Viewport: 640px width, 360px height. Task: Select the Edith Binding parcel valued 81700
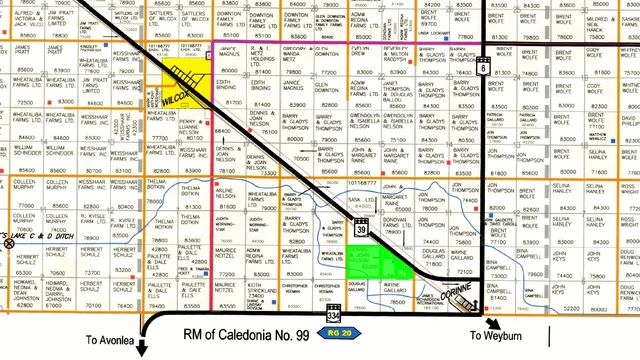(x=231, y=94)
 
